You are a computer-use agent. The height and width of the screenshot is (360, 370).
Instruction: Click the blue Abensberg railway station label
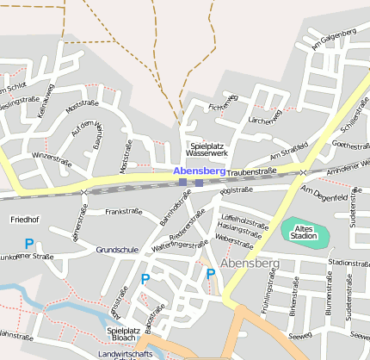click(x=199, y=171)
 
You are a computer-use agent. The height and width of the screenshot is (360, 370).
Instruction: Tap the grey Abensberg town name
click(x=250, y=262)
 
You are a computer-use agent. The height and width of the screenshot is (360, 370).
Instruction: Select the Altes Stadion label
click(x=305, y=231)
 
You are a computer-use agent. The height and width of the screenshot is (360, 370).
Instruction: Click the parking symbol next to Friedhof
click(x=28, y=245)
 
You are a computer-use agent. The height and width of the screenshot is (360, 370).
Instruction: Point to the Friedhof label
click(x=24, y=220)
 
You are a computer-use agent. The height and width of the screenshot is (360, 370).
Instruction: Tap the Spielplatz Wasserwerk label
click(x=207, y=149)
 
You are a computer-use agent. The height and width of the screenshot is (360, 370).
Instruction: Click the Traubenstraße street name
click(x=253, y=171)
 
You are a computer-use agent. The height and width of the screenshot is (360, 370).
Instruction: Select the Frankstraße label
click(x=123, y=211)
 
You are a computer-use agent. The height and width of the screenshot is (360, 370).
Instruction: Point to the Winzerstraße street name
click(x=51, y=158)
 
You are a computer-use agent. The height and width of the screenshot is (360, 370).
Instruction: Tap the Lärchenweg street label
click(x=265, y=121)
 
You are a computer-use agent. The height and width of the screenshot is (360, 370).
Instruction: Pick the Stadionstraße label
click(x=349, y=263)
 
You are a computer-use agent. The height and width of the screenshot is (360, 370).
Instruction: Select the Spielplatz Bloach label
click(x=123, y=334)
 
